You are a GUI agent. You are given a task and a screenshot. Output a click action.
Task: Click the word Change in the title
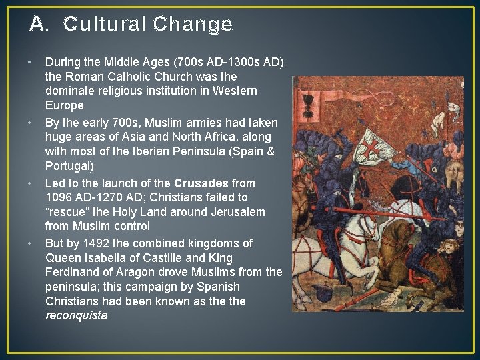(x=193, y=25)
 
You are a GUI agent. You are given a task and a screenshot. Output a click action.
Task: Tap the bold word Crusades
(x=201, y=183)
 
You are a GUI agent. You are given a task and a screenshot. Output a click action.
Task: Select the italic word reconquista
(x=76, y=316)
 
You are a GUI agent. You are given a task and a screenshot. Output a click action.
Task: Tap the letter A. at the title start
(x=39, y=25)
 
